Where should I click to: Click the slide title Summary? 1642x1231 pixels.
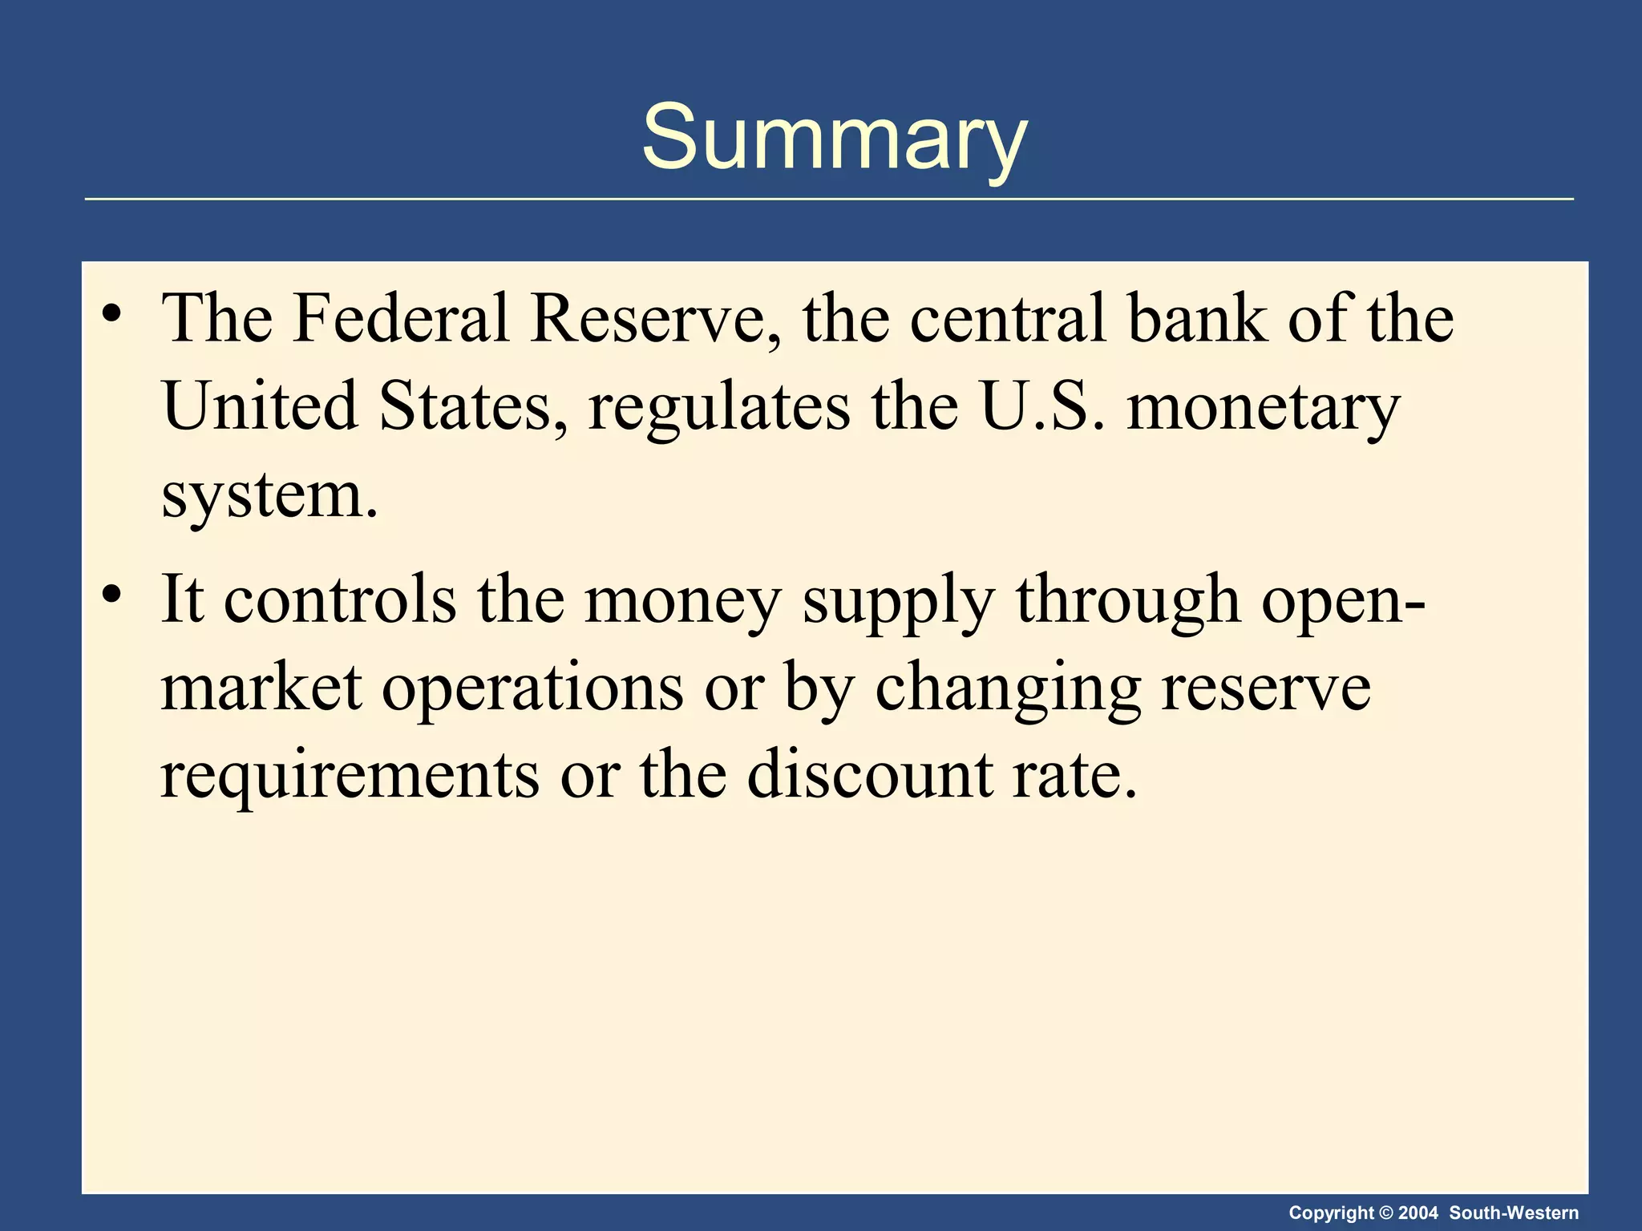tap(834, 138)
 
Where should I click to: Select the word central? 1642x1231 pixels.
tap(1009, 318)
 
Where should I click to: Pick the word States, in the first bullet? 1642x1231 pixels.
tap(466, 406)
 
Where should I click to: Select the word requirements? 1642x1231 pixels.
tap(350, 776)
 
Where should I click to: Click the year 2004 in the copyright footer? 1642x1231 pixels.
tap(1418, 1213)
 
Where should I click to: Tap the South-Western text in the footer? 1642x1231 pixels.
tap(1514, 1213)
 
